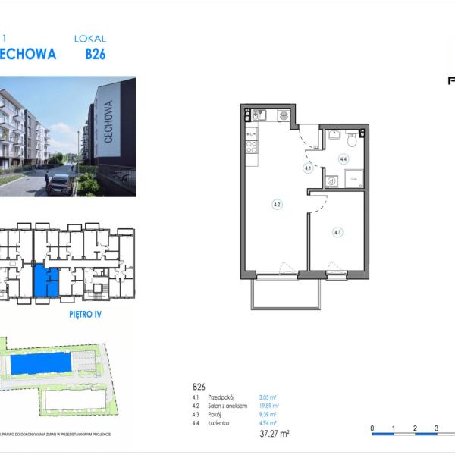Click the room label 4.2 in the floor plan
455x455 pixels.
[x=278, y=204]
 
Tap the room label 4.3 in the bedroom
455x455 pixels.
[x=337, y=232]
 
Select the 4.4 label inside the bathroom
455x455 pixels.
[x=343, y=159]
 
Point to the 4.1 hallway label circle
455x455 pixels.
[x=308, y=168]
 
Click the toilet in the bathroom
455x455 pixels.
[x=350, y=139]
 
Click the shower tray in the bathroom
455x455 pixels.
[x=354, y=178]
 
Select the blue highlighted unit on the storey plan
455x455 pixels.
[x=45, y=281]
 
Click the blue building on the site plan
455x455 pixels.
[x=42, y=365]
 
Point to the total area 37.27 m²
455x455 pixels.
[x=274, y=434]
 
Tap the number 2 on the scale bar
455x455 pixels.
[x=415, y=428]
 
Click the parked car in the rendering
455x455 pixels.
[x=58, y=185]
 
